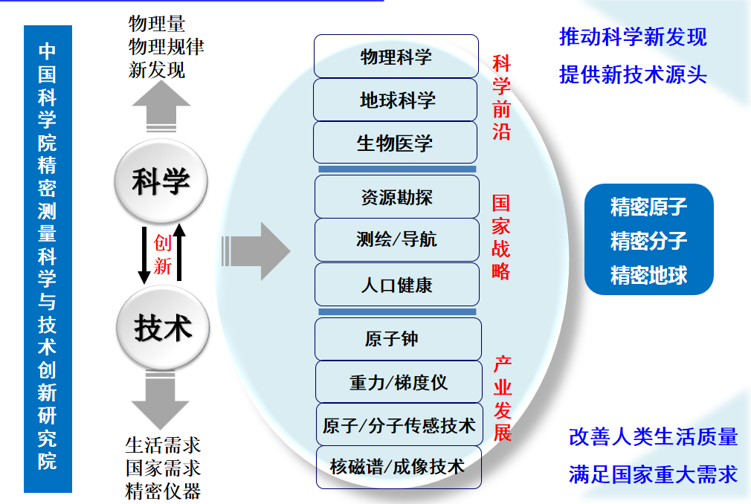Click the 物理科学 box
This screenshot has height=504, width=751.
coord(396,56)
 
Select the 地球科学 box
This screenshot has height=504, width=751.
coord(396,100)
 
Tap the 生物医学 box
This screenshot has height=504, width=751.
coord(396,143)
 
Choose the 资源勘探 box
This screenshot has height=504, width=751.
coord(396,197)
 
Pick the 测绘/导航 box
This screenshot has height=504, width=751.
coord(396,239)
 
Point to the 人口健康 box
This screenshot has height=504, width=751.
coord(396,285)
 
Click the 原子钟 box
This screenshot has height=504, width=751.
coord(397,339)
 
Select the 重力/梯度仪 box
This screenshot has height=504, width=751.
coord(398,382)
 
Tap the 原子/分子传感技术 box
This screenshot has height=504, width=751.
coord(399,425)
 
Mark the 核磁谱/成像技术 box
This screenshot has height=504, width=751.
coord(398,467)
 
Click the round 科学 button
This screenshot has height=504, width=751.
coord(161,181)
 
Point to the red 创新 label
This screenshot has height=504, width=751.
coord(162,255)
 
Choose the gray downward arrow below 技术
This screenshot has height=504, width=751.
coord(160,399)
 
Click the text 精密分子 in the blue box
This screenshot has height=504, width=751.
coord(648,241)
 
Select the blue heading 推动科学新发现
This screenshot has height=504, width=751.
coord(633,37)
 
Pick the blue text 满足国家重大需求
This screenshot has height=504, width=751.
coord(653,474)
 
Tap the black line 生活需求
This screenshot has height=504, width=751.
coord(163,445)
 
